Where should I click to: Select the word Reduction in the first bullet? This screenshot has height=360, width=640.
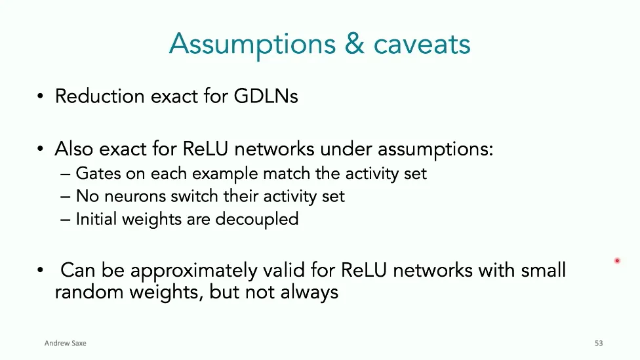click(x=99, y=96)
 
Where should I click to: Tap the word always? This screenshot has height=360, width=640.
click(x=310, y=292)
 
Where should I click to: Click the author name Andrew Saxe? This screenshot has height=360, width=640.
click(x=65, y=343)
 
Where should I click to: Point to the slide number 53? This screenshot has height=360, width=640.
click(x=598, y=343)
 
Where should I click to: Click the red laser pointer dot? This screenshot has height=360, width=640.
click(x=617, y=261)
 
